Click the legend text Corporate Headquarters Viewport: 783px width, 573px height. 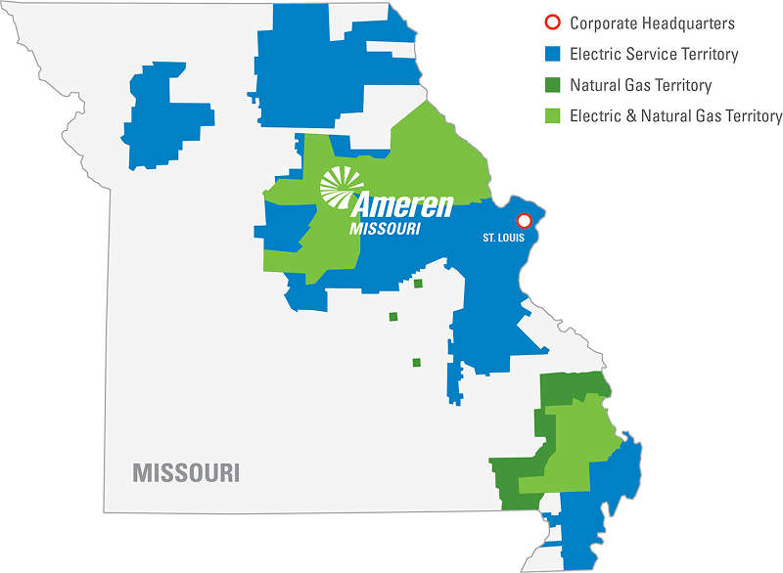coord(652,22)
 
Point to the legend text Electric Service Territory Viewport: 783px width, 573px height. coord(654,54)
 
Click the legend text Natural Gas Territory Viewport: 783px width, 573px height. coord(640,85)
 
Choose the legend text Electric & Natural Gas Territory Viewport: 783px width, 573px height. coord(675,115)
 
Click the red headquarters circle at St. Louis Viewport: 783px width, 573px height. coord(524,220)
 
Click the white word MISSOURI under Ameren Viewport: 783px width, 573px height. coord(386,229)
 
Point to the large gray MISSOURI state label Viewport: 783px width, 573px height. coord(186,472)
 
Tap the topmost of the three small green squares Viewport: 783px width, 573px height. coord(418,284)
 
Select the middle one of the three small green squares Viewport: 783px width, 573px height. coord(393,317)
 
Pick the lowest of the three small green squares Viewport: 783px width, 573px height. coord(416,363)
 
